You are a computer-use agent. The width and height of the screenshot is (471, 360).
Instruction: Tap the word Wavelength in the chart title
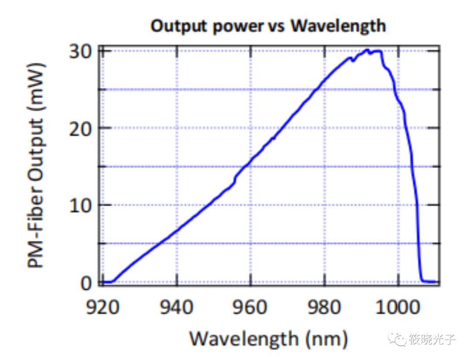click(338, 26)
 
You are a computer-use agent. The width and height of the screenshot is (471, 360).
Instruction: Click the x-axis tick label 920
click(102, 307)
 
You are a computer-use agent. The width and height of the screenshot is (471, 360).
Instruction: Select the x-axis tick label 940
click(177, 307)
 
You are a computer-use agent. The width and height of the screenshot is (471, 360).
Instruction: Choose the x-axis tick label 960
click(250, 307)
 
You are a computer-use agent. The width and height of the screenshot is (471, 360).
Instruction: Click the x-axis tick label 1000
click(398, 307)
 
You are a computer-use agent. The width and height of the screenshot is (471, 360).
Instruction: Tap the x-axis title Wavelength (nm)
click(268, 338)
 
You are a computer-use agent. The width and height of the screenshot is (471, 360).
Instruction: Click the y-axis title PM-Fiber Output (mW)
click(37, 166)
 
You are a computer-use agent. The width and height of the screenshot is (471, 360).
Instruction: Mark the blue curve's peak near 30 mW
click(367, 50)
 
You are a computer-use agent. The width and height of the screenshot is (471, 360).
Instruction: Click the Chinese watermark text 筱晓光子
click(432, 339)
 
